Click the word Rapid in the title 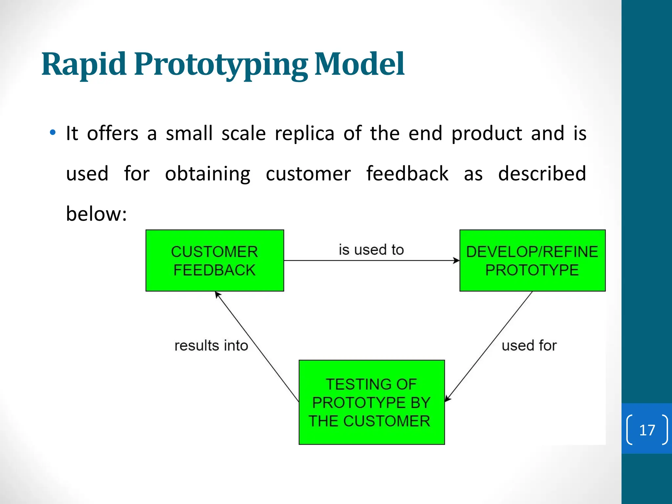point(84,64)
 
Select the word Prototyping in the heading point(220,65)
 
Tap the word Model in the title point(359,64)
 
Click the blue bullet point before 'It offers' point(52,133)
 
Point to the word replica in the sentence point(304,134)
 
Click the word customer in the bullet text point(308,174)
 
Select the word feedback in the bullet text point(407,174)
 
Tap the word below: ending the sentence point(96,214)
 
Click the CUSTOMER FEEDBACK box point(215,261)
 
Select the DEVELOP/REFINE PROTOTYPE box point(532,261)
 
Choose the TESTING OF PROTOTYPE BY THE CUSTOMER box point(371,402)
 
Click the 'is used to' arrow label point(371,250)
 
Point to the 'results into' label point(211,346)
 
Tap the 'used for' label point(529,346)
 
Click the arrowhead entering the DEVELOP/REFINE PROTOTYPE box point(456,261)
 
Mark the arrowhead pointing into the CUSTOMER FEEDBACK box point(217,294)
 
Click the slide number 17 point(647,430)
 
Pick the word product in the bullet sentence point(487,134)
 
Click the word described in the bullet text point(542,174)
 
